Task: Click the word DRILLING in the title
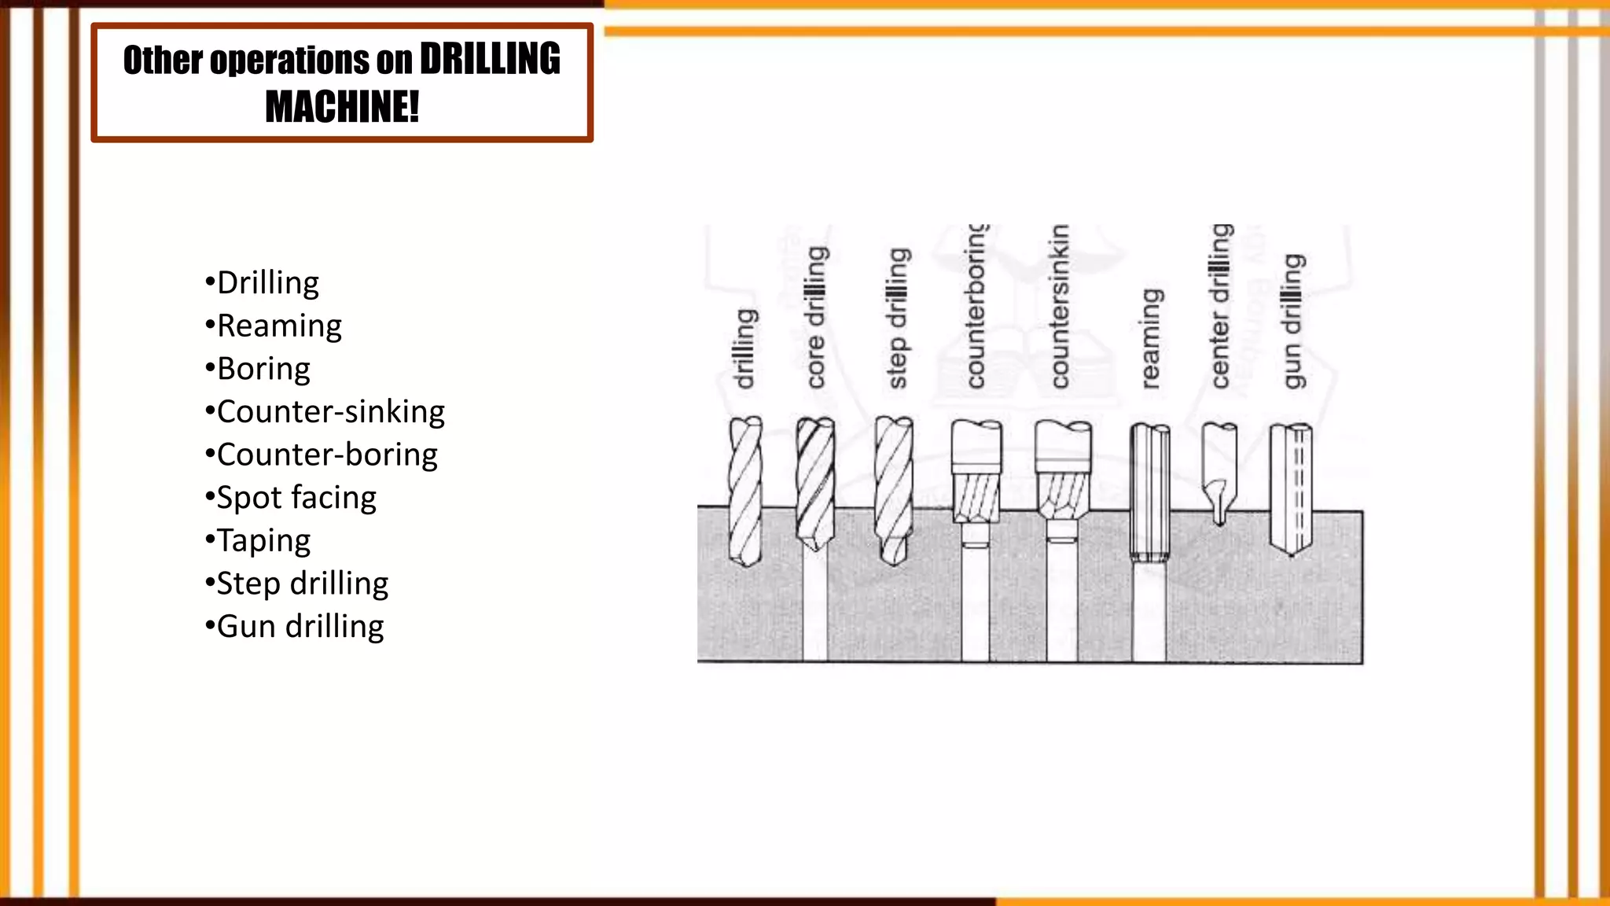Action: [490, 60]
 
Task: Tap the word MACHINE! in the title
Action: [342, 107]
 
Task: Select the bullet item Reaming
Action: [279, 326]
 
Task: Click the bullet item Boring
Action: [263, 369]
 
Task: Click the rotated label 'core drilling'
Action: [817, 317]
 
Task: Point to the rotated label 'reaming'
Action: [1150, 339]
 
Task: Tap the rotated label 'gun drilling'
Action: [1293, 321]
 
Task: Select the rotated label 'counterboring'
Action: [976, 307]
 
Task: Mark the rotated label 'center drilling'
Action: [1220, 307]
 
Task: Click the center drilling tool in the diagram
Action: [1219, 472]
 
